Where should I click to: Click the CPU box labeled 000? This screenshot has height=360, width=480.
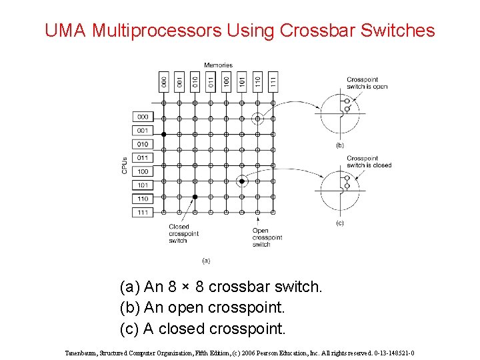143,117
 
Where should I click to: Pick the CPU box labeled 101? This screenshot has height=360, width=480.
143,185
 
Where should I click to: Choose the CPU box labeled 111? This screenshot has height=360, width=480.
143,212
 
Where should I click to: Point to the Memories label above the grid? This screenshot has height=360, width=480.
218,65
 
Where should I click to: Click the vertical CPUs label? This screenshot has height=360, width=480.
125,165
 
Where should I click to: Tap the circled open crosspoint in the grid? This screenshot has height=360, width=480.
257,119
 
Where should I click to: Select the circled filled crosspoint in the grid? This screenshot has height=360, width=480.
242,181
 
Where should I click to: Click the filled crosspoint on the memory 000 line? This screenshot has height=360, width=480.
164,134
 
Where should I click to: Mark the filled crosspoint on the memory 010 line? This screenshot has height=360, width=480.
195,197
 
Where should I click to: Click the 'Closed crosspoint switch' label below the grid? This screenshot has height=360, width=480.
179,234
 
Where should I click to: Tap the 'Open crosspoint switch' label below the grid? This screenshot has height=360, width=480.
267,237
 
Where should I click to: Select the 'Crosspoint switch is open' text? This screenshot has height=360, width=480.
366,83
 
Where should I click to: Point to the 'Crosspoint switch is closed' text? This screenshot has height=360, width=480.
368,162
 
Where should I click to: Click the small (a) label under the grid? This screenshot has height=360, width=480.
206,260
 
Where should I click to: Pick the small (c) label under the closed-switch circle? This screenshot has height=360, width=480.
339,223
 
